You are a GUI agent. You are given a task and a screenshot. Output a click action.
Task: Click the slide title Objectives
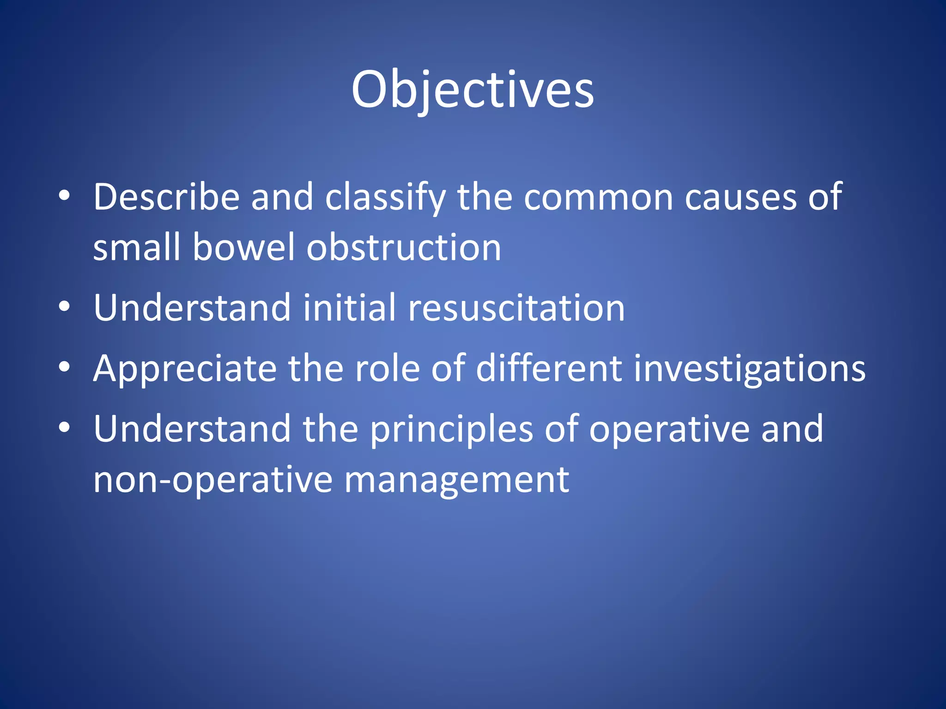click(472, 90)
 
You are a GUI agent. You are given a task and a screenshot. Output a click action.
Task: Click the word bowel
click(243, 247)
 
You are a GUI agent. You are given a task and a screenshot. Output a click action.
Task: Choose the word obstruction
click(404, 247)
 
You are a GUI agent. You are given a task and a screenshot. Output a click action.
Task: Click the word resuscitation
click(516, 308)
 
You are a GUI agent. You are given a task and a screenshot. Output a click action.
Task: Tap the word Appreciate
click(185, 369)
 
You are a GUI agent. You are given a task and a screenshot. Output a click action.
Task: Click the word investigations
click(749, 369)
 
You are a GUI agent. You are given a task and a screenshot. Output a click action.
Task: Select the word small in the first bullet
click(136, 247)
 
